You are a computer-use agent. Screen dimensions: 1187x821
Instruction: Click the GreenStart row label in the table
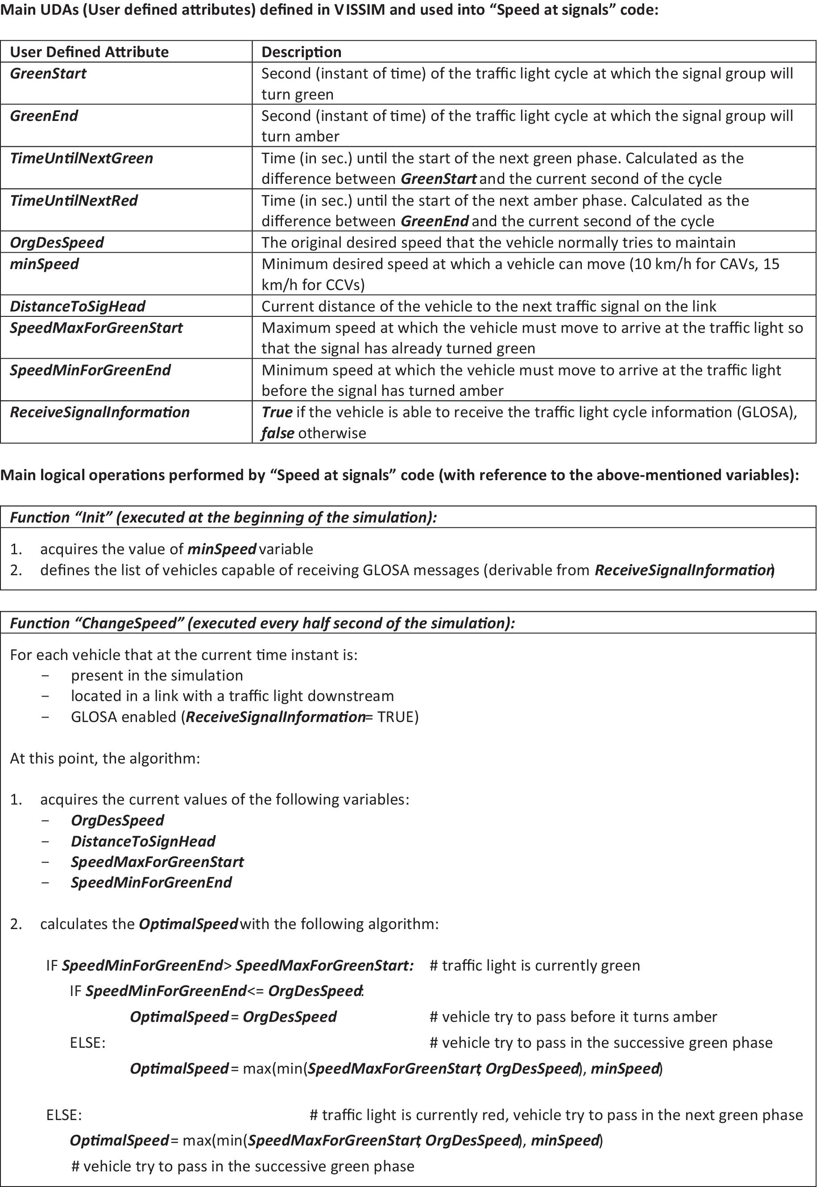pyautogui.click(x=48, y=74)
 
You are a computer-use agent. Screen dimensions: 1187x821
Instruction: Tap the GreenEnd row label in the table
pyautogui.click(x=44, y=116)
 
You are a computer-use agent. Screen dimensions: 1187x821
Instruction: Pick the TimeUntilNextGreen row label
pyautogui.click(x=81, y=158)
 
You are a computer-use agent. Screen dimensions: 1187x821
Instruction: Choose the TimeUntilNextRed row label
pyautogui.click(x=74, y=200)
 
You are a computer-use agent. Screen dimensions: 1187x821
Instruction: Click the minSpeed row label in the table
pyautogui.click(x=44, y=264)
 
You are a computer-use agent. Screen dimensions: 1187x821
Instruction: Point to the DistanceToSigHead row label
pyautogui.click(x=77, y=306)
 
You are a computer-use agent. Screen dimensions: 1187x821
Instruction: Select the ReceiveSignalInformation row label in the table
pyautogui.click(x=100, y=412)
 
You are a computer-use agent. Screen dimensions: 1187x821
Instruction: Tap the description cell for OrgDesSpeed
pyautogui.click(x=498, y=242)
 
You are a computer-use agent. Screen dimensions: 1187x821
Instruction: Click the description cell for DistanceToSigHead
pyautogui.click(x=488, y=306)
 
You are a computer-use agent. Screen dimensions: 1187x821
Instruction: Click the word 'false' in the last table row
pyautogui.click(x=278, y=433)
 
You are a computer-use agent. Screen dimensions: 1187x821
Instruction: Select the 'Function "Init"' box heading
pyautogui.click(x=223, y=517)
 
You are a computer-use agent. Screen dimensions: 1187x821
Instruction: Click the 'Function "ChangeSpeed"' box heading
pyautogui.click(x=262, y=623)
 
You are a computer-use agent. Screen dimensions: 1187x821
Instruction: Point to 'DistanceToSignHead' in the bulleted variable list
pyautogui.click(x=143, y=841)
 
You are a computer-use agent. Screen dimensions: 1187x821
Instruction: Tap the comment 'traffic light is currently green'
pyautogui.click(x=535, y=965)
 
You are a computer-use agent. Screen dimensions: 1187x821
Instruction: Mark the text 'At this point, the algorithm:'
pyautogui.click(x=105, y=759)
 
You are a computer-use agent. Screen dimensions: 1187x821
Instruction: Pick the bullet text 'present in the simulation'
pyautogui.click(x=157, y=676)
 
